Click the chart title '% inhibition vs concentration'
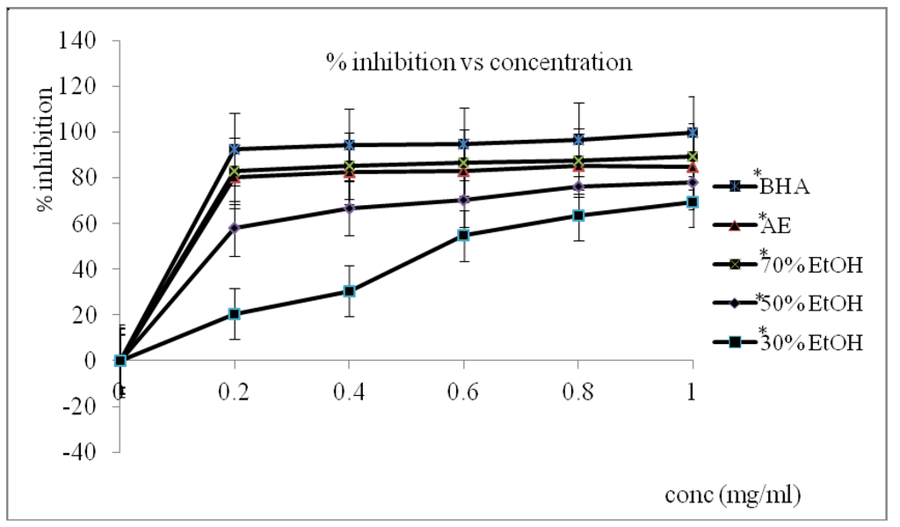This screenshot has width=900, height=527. (x=478, y=62)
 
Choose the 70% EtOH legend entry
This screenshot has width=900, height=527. (x=808, y=264)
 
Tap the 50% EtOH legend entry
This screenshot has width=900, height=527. (x=808, y=304)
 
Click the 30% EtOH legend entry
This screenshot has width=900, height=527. (x=808, y=342)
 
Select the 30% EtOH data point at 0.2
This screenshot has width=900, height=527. (x=235, y=314)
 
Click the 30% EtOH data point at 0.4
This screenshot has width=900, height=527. (x=350, y=291)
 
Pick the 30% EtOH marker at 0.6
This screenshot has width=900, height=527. (x=463, y=235)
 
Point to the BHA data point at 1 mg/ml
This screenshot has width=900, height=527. (x=693, y=133)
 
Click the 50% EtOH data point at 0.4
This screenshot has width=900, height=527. (x=350, y=209)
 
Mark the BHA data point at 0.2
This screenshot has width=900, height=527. (x=235, y=150)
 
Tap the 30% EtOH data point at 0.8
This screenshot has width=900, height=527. (x=578, y=216)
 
